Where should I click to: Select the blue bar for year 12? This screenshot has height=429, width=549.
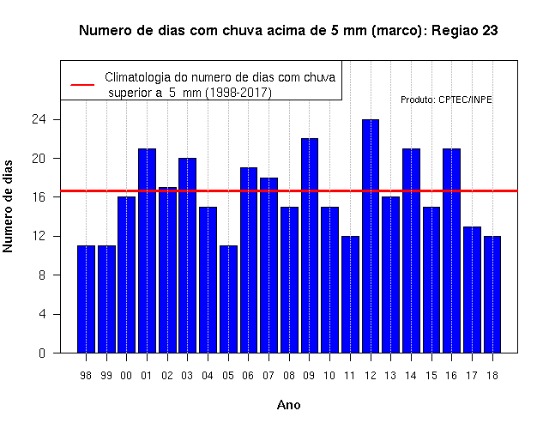(371, 236)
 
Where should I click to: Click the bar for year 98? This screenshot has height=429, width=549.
(86, 299)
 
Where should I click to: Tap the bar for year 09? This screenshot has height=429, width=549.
(310, 245)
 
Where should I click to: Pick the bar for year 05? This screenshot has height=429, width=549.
(229, 299)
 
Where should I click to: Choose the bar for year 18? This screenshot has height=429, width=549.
(492, 294)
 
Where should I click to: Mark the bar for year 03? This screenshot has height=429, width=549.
(187, 256)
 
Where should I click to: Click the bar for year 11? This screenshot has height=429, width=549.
(351, 294)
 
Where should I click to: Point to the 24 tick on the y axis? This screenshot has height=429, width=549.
(39, 119)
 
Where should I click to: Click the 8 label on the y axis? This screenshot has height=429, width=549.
(42, 275)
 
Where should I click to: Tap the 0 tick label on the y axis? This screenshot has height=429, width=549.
(42, 353)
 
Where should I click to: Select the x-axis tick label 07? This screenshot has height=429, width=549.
(268, 376)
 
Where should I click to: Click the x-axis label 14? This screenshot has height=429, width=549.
(411, 376)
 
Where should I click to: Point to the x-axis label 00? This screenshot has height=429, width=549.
(126, 376)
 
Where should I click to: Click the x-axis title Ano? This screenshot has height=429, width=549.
(289, 405)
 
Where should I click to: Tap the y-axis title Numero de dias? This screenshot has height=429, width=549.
(8, 206)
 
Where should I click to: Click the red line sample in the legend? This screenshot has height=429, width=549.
(82, 85)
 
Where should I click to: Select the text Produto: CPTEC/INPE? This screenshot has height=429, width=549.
(446, 100)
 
